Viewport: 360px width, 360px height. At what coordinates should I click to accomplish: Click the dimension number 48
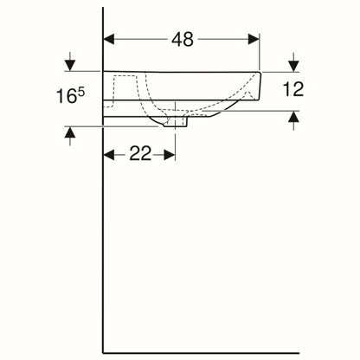click(x=183, y=40)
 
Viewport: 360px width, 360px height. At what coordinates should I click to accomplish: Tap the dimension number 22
click(x=140, y=153)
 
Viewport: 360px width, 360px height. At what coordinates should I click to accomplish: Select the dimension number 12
click(x=293, y=89)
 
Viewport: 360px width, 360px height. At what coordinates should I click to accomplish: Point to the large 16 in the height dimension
click(x=66, y=96)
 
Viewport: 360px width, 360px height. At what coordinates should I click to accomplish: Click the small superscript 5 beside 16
click(x=81, y=92)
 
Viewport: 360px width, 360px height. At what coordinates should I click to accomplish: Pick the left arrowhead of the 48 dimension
click(x=109, y=39)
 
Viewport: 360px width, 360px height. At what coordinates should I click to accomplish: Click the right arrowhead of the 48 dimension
click(x=254, y=39)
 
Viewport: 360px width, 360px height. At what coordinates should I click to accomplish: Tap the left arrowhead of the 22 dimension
click(x=109, y=155)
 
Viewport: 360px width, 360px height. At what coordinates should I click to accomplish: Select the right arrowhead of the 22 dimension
click(x=170, y=155)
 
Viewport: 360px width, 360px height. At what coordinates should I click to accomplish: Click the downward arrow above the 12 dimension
click(x=293, y=62)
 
